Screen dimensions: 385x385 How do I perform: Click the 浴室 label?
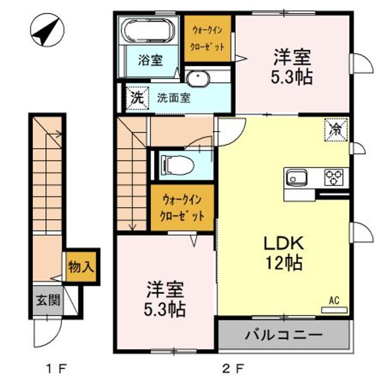pos(150,60)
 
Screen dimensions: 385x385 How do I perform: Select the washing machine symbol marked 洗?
pos(136,98)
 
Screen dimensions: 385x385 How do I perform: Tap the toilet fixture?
pos(177,164)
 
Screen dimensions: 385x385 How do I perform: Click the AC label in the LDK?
pos(334,301)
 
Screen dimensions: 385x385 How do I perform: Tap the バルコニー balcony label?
pos(283,335)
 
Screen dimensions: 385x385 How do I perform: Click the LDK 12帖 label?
pos(283,252)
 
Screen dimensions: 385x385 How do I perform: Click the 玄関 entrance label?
pos(48,300)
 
